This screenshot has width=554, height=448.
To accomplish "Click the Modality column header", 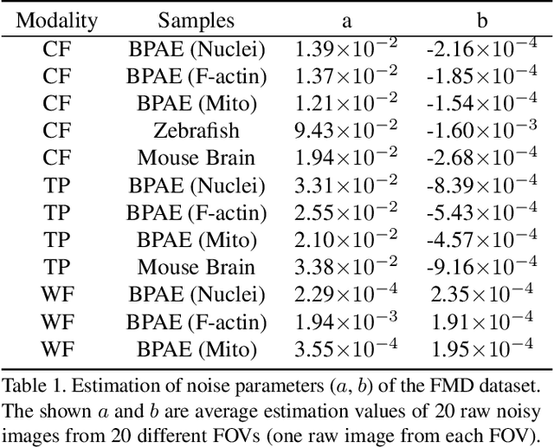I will (57, 19).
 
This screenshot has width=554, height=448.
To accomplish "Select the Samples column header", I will (196, 19).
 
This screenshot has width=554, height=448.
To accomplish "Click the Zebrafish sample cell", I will (196, 131).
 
